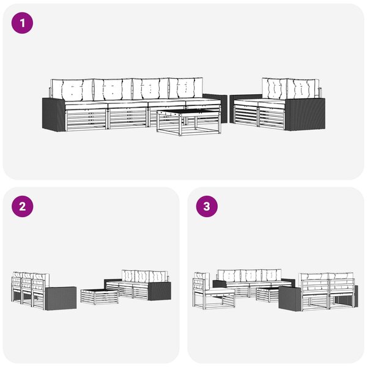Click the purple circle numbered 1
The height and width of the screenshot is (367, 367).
[22, 23]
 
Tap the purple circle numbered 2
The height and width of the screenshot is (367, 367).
[22, 207]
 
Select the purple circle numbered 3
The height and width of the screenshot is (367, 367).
[207, 207]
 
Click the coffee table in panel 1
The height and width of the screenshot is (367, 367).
[189, 122]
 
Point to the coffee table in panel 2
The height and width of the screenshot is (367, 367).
[100, 297]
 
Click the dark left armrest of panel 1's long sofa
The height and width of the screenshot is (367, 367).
[54, 114]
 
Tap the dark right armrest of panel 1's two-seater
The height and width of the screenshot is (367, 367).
[305, 114]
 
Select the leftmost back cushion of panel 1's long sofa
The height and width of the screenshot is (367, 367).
[72, 90]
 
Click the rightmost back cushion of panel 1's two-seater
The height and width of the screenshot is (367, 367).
[303, 90]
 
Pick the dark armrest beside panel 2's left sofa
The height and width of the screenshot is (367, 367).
[61, 298]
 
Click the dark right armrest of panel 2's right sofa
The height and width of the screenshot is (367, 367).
[160, 291]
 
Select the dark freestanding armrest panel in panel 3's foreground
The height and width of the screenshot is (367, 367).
[290, 299]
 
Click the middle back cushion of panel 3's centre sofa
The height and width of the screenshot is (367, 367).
[251, 276]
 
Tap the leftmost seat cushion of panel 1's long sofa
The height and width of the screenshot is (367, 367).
[86, 105]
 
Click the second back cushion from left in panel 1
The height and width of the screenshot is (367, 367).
[113, 89]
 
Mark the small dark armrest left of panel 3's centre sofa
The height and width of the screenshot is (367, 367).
[220, 284]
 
